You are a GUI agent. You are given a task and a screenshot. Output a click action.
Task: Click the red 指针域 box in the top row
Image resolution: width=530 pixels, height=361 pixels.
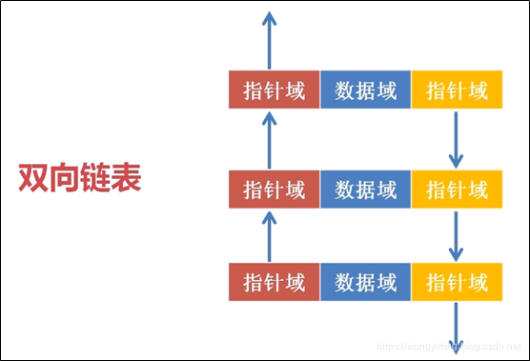pyautogui.click(x=275, y=90)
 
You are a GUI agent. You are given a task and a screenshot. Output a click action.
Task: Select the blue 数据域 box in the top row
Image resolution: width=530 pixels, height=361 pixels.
pyautogui.click(x=366, y=90)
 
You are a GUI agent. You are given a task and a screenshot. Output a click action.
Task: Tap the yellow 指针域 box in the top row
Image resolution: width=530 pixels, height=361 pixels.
pyautogui.click(x=457, y=90)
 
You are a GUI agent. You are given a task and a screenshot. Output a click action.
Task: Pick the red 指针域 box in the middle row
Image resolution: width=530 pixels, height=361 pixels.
pyautogui.click(x=275, y=189)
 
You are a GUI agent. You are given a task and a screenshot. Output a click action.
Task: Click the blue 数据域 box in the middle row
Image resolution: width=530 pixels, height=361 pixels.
pyautogui.click(x=366, y=189)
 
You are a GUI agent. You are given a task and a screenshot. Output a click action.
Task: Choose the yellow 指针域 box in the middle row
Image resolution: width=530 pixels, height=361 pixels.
pyautogui.click(x=457, y=189)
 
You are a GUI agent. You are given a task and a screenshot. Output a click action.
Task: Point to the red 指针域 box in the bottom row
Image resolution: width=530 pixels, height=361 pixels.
pyautogui.click(x=275, y=282)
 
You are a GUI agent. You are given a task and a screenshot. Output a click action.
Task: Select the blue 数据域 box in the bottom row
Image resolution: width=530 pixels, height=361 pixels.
pyautogui.click(x=366, y=282)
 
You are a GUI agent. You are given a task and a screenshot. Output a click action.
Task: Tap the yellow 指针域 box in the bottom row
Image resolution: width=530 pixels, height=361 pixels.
pyautogui.click(x=457, y=282)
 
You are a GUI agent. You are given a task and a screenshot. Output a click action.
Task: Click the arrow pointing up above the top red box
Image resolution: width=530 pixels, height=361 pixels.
pyautogui.click(x=271, y=40)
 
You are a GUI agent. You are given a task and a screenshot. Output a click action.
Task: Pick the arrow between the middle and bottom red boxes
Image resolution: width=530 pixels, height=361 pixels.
pyautogui.click(x=271, y=235)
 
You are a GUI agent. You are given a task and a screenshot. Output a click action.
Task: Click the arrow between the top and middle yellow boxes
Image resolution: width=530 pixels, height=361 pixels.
pyautogui.click(x=457, y=139)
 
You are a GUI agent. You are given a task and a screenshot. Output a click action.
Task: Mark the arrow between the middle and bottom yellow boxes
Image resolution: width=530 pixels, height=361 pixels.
pyautogui.click(x=457, y=235)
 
